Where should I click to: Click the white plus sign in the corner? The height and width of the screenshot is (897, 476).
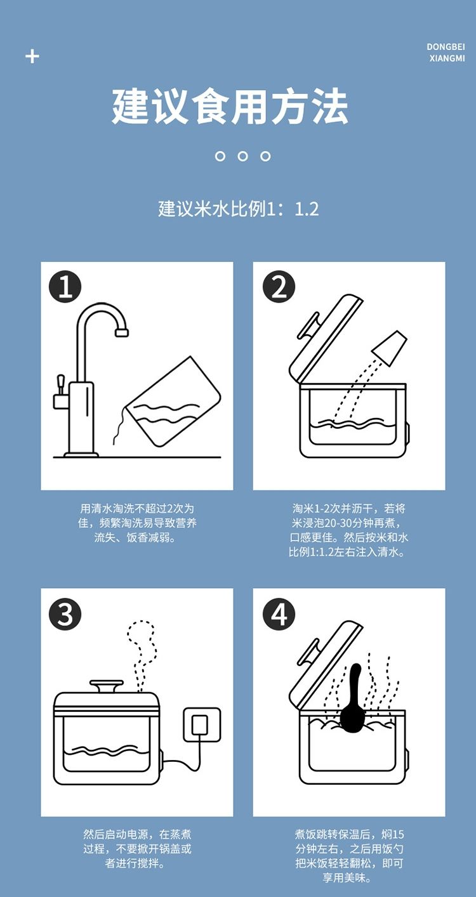click(x=32, y=56)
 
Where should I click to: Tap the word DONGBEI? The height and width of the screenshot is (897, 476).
click(x=446, y=47)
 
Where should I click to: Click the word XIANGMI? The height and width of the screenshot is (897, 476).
click(x=447, y=58)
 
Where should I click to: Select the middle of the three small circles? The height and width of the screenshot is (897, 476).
click(x=242, y=156)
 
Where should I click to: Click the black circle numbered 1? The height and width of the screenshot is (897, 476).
click(x=65, y=287)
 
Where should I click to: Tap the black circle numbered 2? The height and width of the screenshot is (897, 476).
click(x=279, y=287)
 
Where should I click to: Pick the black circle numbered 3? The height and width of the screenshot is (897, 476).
click(x=65, y=614)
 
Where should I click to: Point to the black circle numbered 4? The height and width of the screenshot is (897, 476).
click(x=279, y=614)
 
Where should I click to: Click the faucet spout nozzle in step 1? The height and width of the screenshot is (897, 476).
click(x=121, y=332)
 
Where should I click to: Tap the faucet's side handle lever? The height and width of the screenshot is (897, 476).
click(x=60, y=385)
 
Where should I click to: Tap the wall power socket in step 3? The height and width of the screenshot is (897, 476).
click(x=202, y=724)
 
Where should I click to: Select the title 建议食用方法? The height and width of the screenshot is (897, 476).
click(x=230, y=107)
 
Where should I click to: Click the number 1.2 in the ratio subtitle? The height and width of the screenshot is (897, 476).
click(x=307, y=209)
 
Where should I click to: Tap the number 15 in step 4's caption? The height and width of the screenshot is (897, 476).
click(x=399, y=834)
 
